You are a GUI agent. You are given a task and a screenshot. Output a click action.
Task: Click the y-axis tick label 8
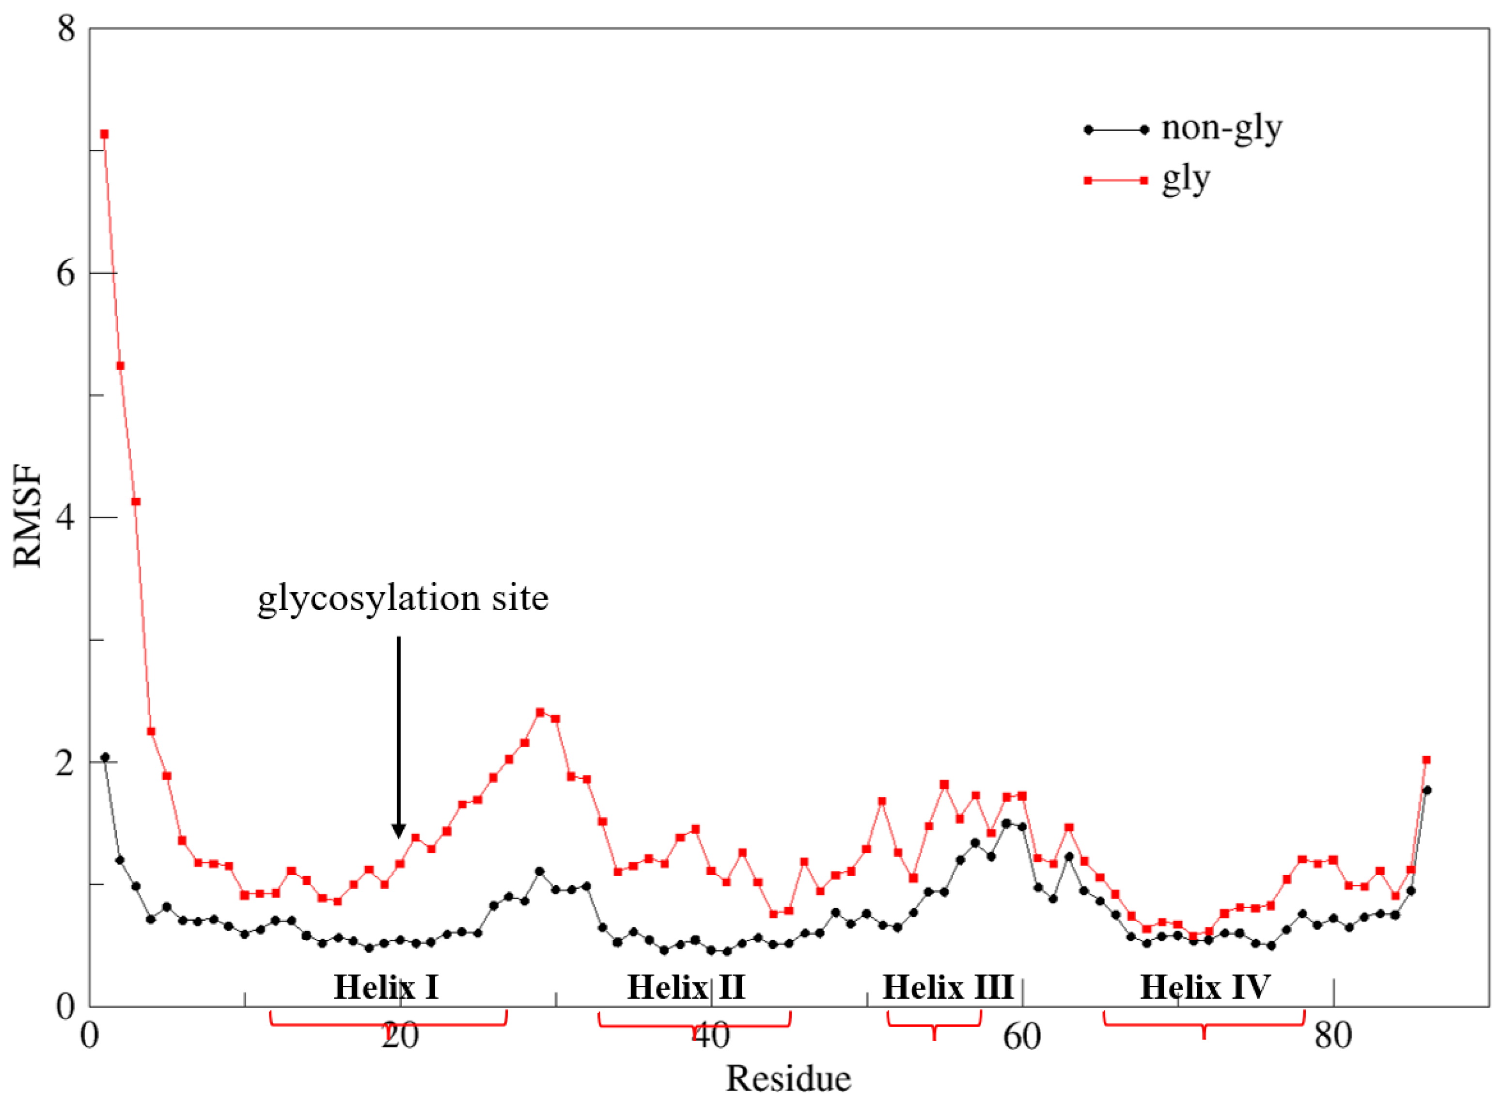coord(65,30)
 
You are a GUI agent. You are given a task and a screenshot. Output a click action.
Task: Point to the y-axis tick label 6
coord(65,274)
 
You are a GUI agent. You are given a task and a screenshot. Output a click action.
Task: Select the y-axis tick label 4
coord(65,519)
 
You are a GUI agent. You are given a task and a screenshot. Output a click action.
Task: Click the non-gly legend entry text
coord(1221,128)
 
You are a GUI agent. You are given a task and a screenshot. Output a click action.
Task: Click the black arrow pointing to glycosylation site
coord(398,736)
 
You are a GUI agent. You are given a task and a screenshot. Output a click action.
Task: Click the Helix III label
coord(947,987)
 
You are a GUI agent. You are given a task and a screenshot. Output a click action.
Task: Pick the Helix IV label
coord(1205,987)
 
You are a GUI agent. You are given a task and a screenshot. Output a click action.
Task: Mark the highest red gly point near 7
coord(104,134)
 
